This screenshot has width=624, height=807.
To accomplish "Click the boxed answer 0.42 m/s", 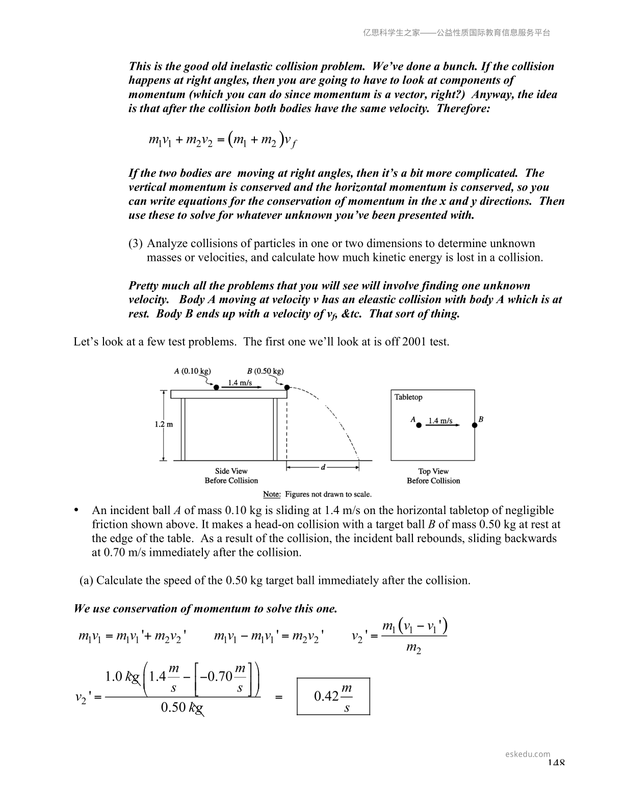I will point(333,696).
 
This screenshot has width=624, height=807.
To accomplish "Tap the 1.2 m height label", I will point(164,424).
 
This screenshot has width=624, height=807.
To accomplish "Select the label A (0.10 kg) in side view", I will point(192,371).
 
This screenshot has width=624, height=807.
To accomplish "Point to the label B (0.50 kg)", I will point(269,371).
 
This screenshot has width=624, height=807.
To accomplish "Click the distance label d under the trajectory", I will point(323,466).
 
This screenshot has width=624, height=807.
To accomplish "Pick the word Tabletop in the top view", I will point(408,397).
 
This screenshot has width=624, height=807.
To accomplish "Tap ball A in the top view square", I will point(419,425).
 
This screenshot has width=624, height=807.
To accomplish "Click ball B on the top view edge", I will point(475,425).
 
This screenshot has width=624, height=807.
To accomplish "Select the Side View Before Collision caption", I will point(231,476).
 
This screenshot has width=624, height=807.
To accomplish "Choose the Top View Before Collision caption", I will point(433,476).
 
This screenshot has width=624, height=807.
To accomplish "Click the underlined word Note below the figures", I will point(272,494).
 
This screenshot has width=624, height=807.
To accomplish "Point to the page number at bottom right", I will point(556,763).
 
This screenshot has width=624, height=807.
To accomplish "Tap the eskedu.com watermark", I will point(528,754).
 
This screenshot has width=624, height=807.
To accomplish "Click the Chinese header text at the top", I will point(456,33).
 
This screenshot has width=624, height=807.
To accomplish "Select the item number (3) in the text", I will point(135,244).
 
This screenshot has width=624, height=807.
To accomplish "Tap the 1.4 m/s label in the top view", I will point(440,421).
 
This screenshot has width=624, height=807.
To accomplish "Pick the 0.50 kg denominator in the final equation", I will point(182,708).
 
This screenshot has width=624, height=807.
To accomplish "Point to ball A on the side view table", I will point(216,387).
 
